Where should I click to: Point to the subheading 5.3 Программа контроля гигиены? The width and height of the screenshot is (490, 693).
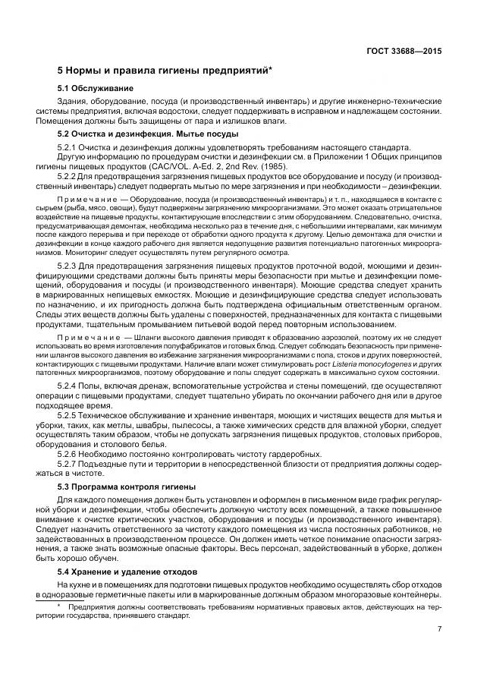pyautogui.click(x=127, y=485)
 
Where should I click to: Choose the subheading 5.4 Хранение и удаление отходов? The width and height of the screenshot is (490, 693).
pyautogui.click(x=127, y=570)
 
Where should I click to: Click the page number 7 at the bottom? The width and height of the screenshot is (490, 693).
pyautogui.click(x=439, y=629)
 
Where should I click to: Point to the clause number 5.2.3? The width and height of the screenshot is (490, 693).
pyautogui.click(x=68, y=263)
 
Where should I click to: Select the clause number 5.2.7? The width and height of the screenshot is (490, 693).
pyautogui.click(x=68, y=463)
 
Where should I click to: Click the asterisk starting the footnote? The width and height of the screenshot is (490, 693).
pyautogui.click(x=59, y=606)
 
